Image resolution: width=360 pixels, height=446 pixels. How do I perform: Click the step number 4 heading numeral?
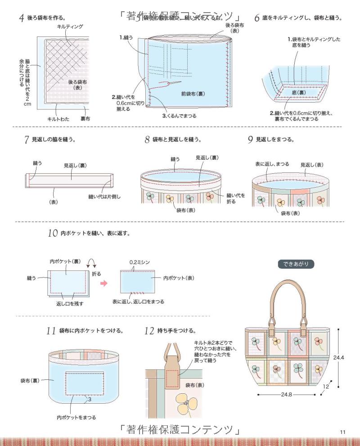21,18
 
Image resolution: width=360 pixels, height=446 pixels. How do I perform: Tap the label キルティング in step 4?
70,27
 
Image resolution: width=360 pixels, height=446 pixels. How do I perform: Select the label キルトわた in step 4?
57,119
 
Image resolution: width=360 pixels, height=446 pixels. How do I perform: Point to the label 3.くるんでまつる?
179,116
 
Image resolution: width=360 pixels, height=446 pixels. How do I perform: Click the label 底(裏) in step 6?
299,92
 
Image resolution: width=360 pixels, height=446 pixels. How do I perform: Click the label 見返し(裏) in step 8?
207,158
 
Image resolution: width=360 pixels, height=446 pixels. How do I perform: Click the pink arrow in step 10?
104,283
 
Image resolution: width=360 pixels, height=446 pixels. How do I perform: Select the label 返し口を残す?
70,304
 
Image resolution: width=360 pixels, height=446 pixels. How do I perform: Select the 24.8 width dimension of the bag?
286,394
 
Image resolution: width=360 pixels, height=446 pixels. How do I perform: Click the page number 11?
343,432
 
